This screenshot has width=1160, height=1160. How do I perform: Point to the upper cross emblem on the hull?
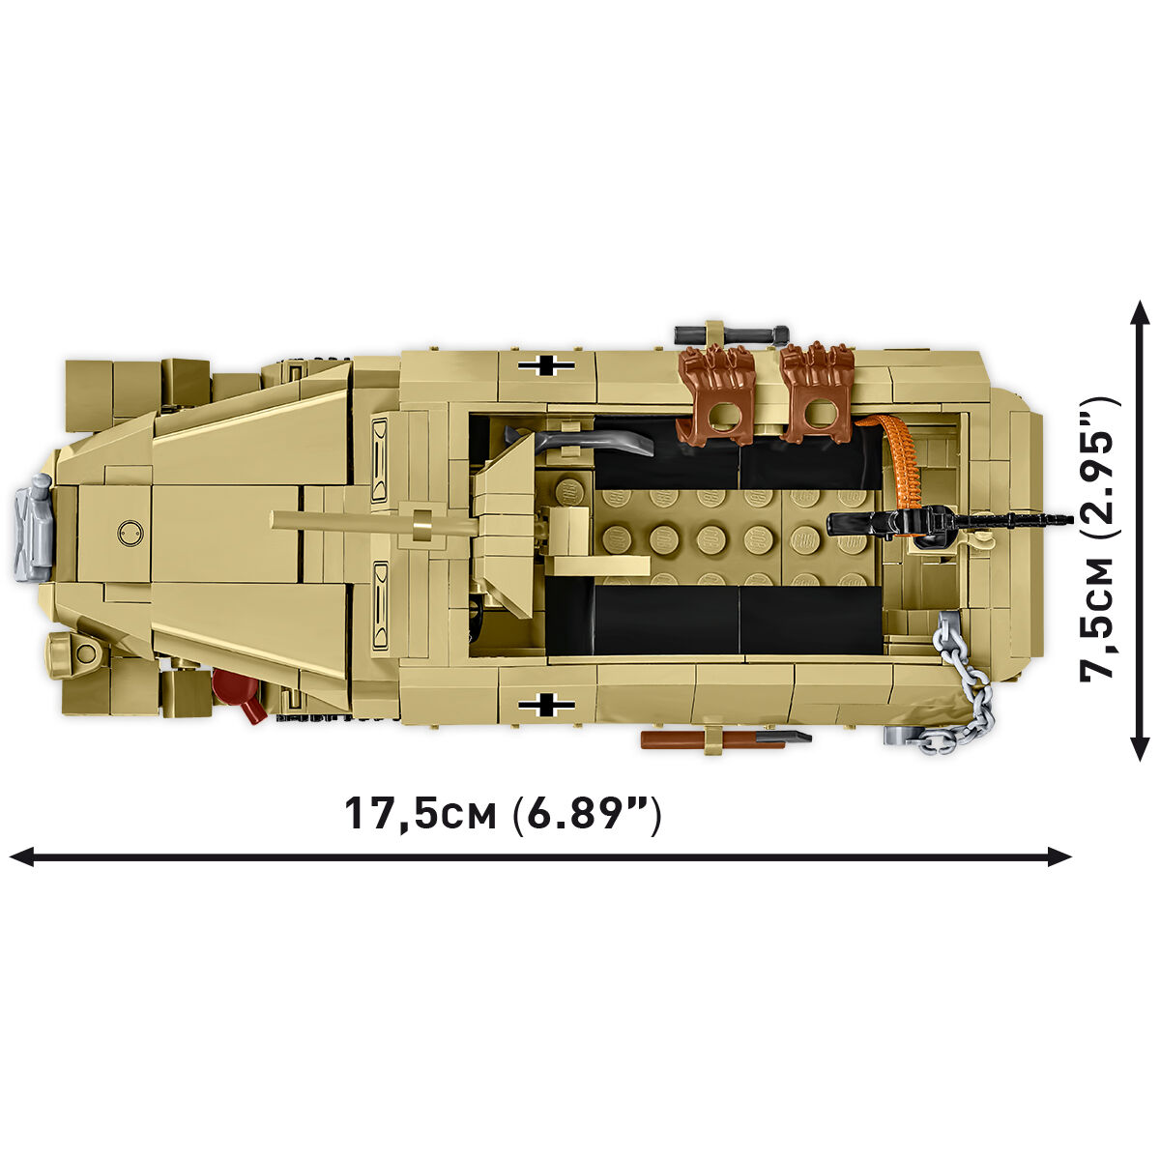click(x=546, y=365)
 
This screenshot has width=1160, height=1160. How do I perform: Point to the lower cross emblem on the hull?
click(x=546, y=704)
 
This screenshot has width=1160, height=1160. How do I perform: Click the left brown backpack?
click(x=714, y=394)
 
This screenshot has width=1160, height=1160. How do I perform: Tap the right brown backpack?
click(x=818, y=392)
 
